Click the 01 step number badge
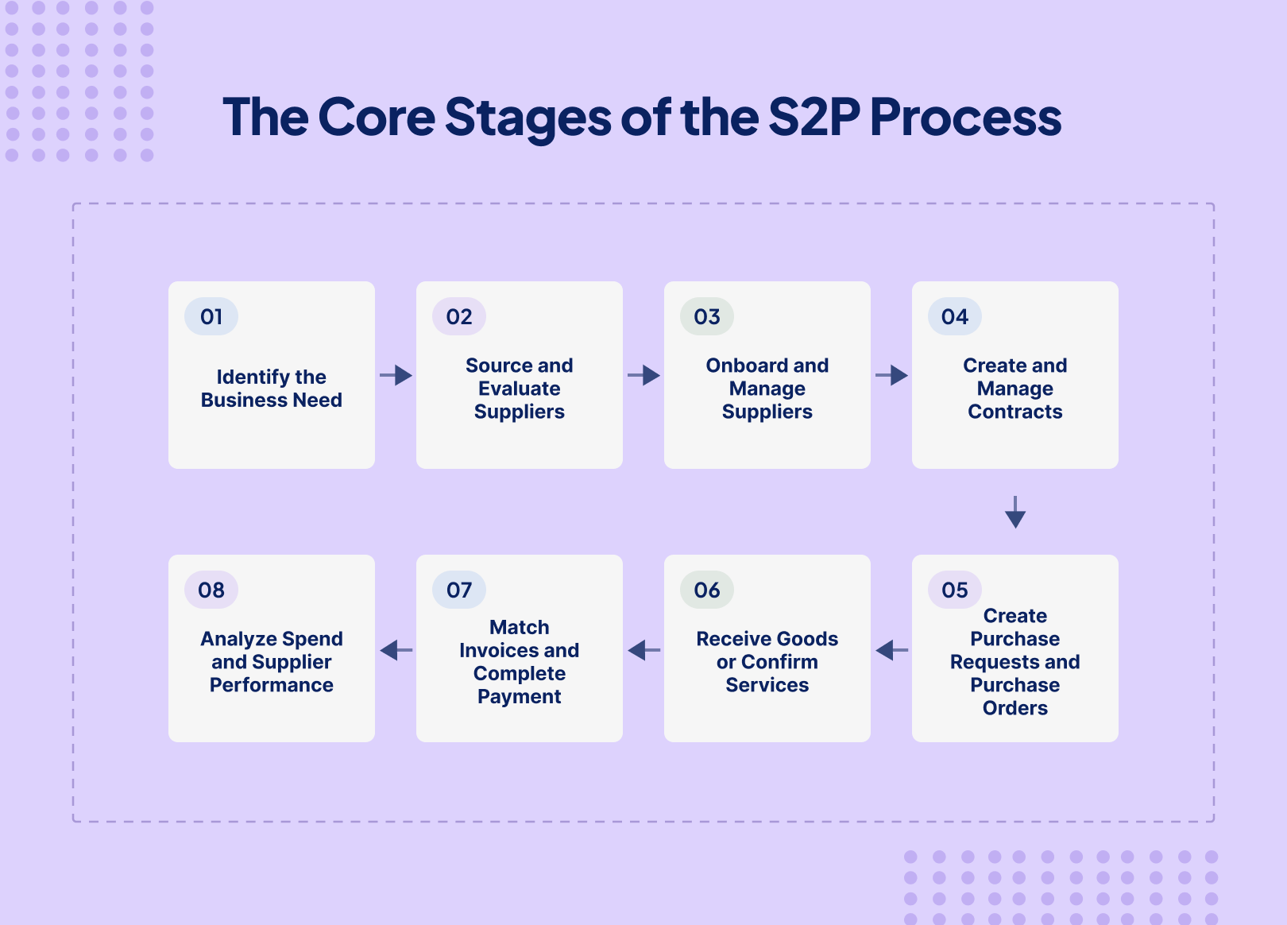(x=211, y=316)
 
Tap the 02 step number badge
(x=459, y=316)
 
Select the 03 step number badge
(x=707, y=316)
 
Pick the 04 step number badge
(x=955, y=316)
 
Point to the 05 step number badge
(x=955, y=590)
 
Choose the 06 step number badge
(x=707, y=590)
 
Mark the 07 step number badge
(x=459, y=590)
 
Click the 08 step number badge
(x=211, y=590)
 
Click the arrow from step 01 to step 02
(x=396, y=375)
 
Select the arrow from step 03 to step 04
(x=891, y=375)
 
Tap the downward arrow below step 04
(x=1015, y=512)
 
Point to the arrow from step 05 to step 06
(x=891, y=650)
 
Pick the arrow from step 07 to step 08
(x=396, y=650)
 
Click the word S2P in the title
(x=814, y=117)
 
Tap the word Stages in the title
(x=528, y=118)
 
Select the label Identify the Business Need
(x=271, y=389)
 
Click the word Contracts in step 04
(x=1015, y=412)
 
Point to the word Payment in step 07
(x=520, y=697)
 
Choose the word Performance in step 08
(x=271, y=685)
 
